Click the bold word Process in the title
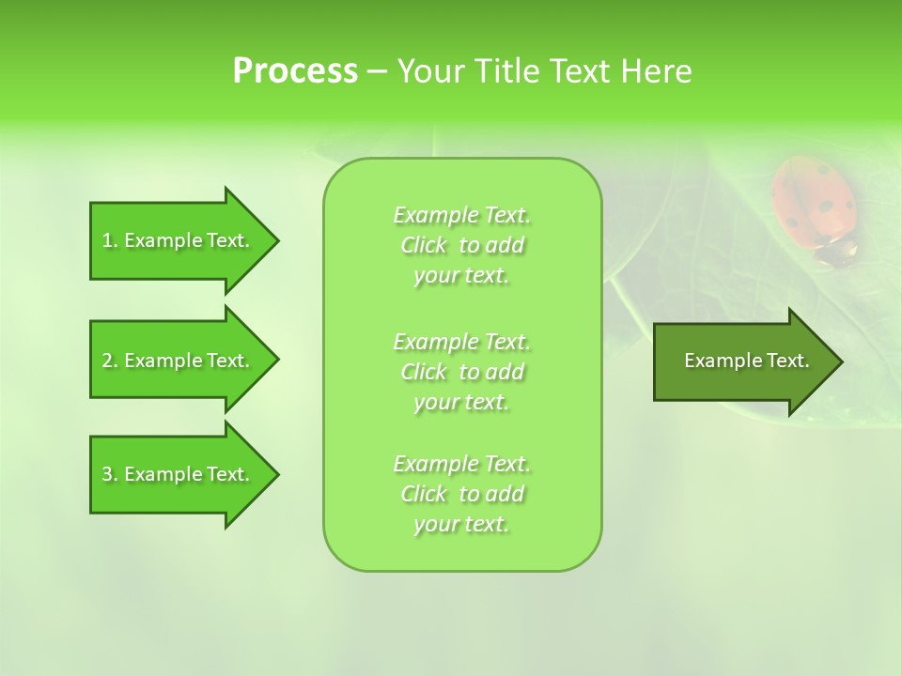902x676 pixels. pos(294,71)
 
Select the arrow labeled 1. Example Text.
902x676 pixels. pos(179,240)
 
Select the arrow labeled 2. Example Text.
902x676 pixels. pos(179,361)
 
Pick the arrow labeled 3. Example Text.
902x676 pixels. pos(179,474)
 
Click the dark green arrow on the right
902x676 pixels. pos(742,361)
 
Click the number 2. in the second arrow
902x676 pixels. pos(110,361)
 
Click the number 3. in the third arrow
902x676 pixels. pos(110,474)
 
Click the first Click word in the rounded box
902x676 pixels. pos(423,245)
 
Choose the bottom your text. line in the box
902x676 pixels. pos(461,525)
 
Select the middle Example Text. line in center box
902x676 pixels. pos(461,341)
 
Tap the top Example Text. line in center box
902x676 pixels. pos(461,215)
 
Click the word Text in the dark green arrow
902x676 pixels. pos(788,361)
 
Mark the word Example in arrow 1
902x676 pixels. pos(163,240)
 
